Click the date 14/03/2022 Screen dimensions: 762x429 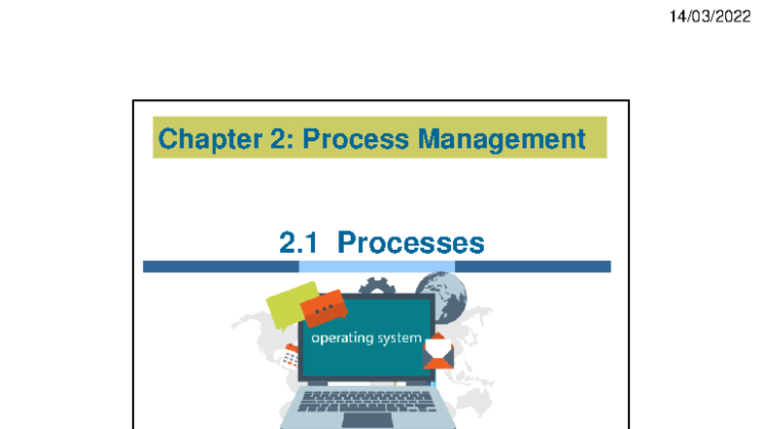710,17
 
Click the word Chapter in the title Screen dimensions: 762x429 210,139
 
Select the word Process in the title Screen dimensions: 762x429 356,138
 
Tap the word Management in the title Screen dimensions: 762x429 502,140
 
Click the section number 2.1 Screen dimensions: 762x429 298,243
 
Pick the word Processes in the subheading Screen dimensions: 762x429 410,243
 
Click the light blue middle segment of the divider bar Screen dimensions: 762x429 377,267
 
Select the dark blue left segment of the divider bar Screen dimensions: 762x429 222,267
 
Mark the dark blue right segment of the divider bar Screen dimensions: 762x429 533,267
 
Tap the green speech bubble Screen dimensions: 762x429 290,304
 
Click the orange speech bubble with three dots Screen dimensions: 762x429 324,307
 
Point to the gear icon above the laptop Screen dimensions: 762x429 377,286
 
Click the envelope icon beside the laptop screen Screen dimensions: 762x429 437,351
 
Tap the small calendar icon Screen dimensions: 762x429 291,356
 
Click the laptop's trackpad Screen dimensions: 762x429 367,420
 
